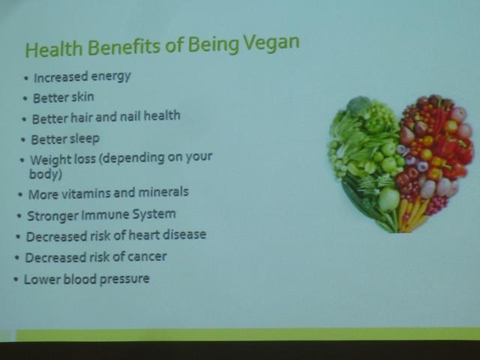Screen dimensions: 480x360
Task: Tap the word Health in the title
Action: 54,49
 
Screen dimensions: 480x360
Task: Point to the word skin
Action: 82,97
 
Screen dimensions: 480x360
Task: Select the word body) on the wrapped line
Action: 46,174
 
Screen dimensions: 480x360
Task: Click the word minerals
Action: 163,192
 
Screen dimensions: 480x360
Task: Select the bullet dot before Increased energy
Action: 25,78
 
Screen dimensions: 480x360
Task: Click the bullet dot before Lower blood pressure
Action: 16,280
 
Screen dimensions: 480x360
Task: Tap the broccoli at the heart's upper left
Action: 358,106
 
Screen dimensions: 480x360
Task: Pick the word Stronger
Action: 53,216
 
